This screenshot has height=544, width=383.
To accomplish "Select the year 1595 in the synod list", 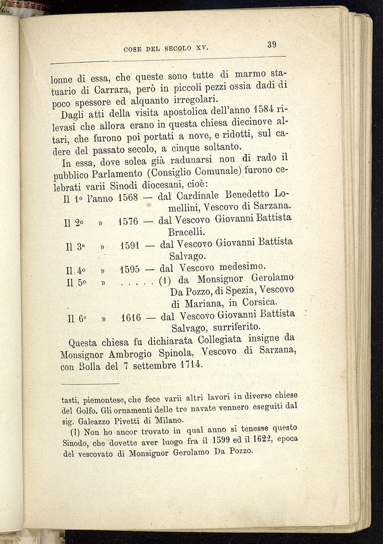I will pyautogui.click(x=130, y=269).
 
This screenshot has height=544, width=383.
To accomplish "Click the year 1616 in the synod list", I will pyautogui.click(x=131, y=318).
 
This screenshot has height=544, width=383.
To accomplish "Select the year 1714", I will pyautogui.click(x=188, y=365).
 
